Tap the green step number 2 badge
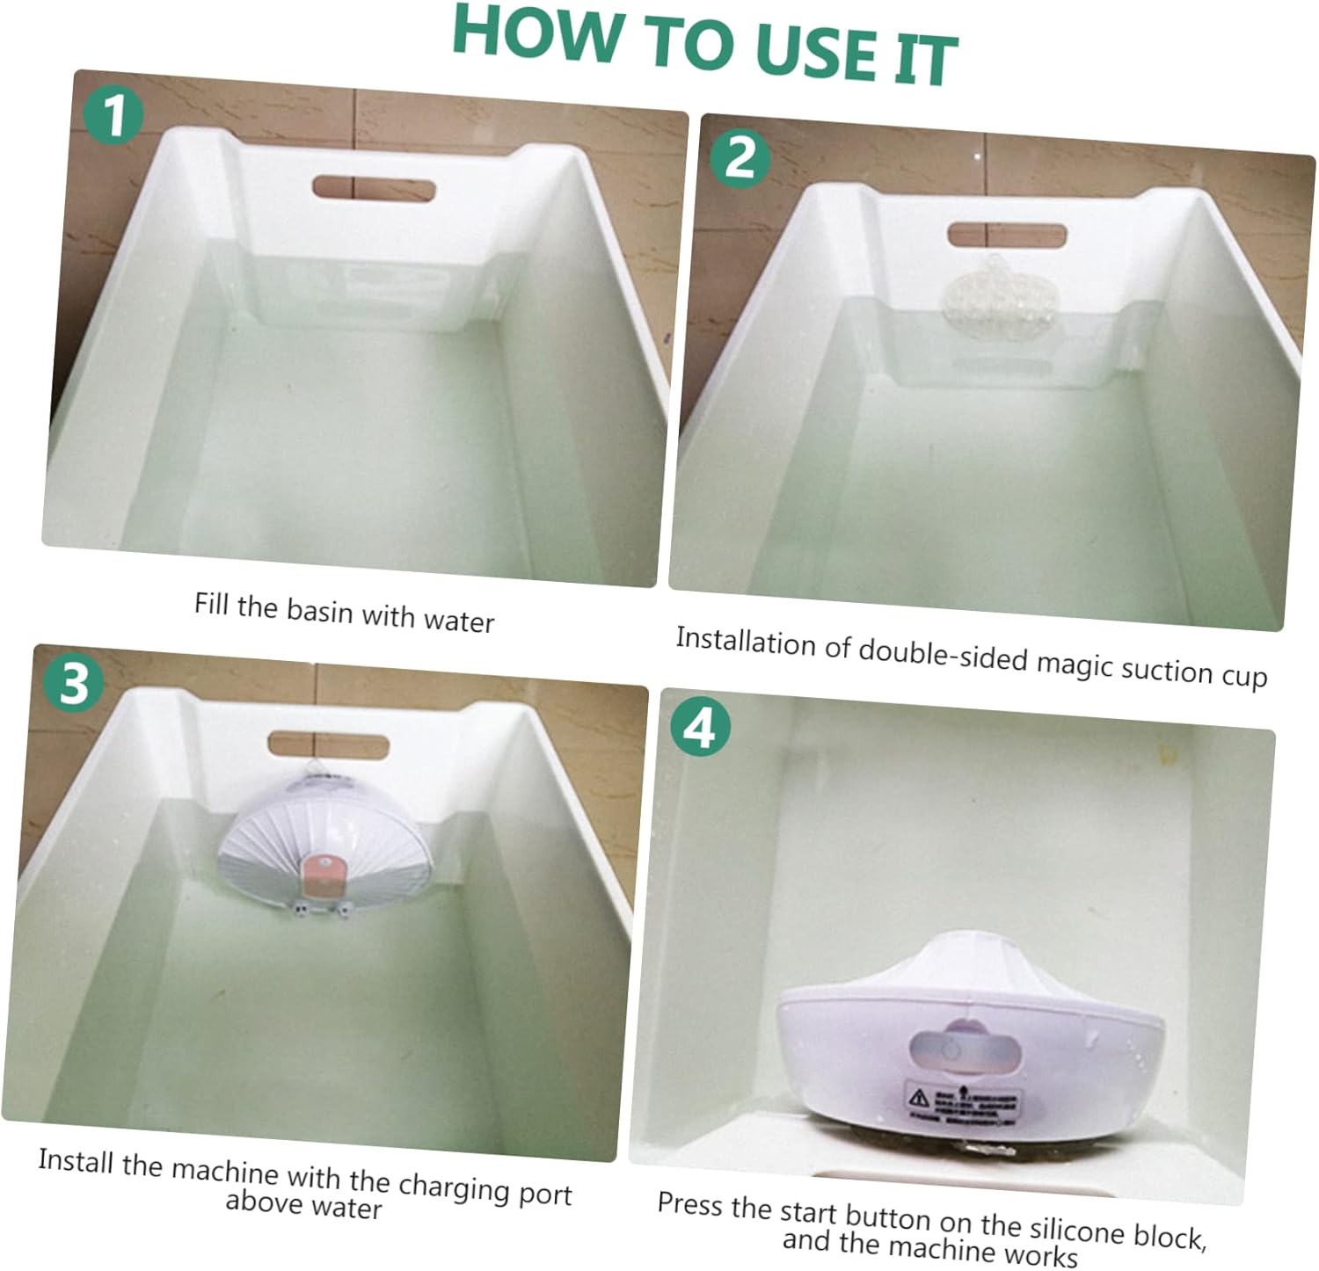pyautogui.click(x=740, y=158)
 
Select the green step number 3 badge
pyautogui.click(x=75, y=683)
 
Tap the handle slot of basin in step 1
pyautogui.click(x=374, y=189)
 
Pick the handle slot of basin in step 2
pyautogui.click(x=1007, y=236)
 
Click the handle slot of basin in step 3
pyautogui.click(x=328, y=745)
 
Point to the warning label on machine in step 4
pyautogui.click(x=964, y=1101)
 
